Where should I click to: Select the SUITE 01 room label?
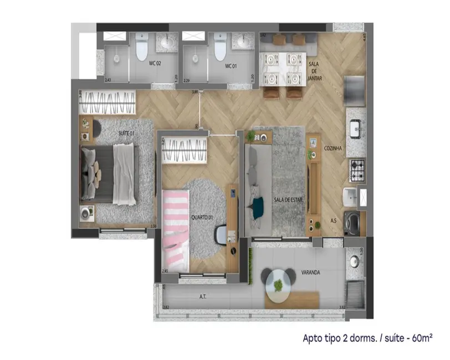(126, 133)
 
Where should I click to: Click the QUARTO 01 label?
(202, 217)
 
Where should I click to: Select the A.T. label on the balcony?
(203, 296)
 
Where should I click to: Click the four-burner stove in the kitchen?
(357, 166)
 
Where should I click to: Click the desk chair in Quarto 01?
(220, 234)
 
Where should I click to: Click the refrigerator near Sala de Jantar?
(355, 89)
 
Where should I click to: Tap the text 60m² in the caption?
(420, 337)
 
